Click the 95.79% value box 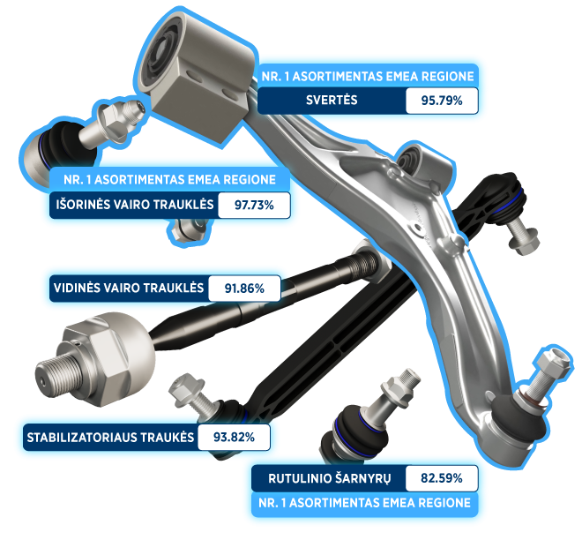coord(442,101)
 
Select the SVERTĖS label coord(332,101)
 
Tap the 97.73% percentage coord(254,205)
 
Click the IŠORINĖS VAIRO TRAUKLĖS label coord(135,205)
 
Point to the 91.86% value coord(244,289)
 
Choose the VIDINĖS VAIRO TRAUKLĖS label coord(129,289)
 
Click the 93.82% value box coord(234,437)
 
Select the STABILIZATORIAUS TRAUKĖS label coord(110,437)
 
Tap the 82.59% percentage coord(441,478)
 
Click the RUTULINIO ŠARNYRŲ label coord(329,478)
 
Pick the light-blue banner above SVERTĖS coord(368,77)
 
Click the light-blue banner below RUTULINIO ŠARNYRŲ coord(364,504)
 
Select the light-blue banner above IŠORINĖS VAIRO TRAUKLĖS coord(169,180)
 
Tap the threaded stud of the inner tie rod coord(56,374)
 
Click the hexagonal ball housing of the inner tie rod coord(108,356)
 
